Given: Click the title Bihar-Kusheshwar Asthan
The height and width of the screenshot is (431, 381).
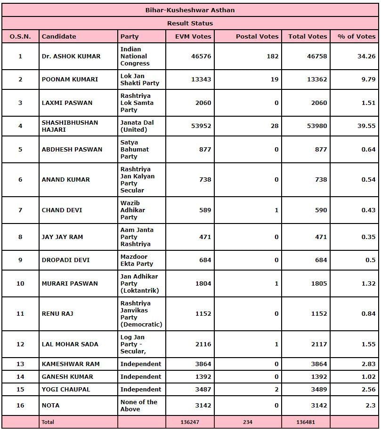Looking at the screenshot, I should click(x=190, y=10).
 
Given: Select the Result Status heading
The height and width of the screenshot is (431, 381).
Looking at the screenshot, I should click(x=190, y=23).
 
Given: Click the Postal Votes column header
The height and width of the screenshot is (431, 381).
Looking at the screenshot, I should click(x=257, y=36).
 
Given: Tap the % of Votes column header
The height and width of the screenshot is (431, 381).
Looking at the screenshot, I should click(x=357, y=36).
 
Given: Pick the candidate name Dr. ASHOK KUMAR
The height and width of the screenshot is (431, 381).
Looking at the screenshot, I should click(x=71, y=56).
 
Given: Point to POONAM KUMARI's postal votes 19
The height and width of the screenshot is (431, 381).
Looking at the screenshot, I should click(x=274, y=79).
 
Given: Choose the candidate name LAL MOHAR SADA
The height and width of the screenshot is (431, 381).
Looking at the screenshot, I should click(x=70, y=344).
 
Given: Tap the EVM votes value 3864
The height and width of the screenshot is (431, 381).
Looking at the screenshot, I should click(x=201, y=364).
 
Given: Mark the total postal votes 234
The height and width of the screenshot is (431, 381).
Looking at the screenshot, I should click(x=248, y=422).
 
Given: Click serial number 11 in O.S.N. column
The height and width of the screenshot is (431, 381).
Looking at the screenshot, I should click(x=20, y=313).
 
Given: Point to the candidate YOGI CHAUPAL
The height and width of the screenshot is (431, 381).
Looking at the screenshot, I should click(x=65, y=389).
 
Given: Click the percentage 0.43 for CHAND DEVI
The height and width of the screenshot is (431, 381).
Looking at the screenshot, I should click(x=368, y=210).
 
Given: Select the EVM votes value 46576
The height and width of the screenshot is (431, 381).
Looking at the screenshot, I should click(x=201, y=56).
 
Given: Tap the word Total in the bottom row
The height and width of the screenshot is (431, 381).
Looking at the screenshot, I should click(x=48, y=422).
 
